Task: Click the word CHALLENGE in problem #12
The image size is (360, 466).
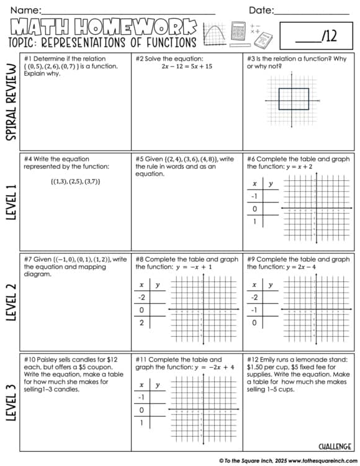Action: click(x=336, y=446)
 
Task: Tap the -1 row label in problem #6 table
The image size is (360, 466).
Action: click(x=254, y=196)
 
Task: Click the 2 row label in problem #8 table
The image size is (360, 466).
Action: click(x=142, y=322)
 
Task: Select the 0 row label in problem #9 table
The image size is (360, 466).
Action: click(x=254, y=322)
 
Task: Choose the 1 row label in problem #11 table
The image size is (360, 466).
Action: click(x=142, y=423)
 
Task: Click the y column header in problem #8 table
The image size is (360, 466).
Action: click(x=157, y=285)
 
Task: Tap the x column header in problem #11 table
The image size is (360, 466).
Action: click(x=142, y=385)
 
